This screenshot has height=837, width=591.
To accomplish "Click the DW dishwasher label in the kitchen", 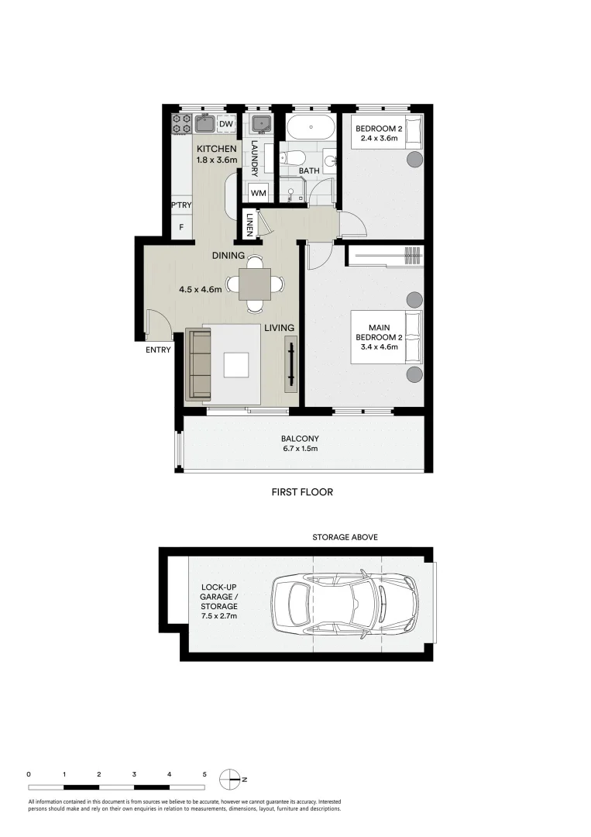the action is click(226, 124).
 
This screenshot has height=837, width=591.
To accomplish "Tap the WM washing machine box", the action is click(258, 193).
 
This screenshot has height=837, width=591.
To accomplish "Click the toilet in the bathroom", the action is click(292, 158).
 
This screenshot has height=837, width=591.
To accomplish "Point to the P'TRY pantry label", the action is click(181, 205).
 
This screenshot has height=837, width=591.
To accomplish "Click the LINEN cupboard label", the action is click(249, 225).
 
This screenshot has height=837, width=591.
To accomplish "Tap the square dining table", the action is click(254, 284).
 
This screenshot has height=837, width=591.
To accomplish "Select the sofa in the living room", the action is click(198, 364).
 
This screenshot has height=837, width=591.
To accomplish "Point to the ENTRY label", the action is click(158, 350).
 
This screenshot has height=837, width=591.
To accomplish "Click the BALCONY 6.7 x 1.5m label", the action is click(301, 443).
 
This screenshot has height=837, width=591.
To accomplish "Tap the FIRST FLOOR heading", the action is click(302, 492).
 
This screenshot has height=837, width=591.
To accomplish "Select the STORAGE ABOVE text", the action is click(345, 537).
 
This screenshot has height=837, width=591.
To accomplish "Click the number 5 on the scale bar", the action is click(204, 774).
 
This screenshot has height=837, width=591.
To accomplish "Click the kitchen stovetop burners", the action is click(181, 124).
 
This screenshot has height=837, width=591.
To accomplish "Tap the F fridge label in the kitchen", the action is click(181, 227).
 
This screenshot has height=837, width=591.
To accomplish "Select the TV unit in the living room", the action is click(291, 364).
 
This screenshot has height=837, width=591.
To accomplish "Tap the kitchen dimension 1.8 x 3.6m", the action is click(217, 159).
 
